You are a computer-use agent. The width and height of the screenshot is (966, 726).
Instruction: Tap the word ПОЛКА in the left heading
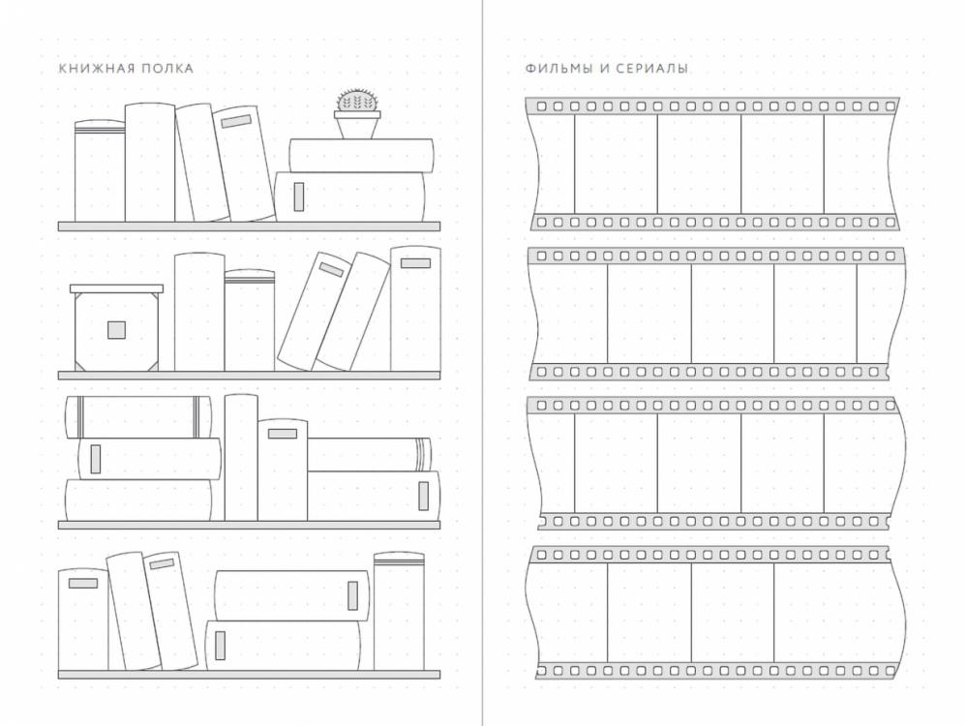tap(168, 69)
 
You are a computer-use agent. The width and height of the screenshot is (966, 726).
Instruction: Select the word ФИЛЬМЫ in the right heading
tap(557, 69)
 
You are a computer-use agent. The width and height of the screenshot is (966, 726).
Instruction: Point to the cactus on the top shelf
tap(357, 100)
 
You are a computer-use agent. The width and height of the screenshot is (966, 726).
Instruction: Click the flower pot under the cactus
tap(357, 125)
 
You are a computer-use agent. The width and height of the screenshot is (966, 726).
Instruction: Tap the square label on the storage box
tap(116, 330)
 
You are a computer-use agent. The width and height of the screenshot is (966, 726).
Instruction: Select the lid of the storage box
tap(116, 288)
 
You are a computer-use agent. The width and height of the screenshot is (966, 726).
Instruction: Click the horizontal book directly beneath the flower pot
tap(361, 156)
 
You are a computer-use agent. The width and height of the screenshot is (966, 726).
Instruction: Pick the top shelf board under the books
tap(250, 227)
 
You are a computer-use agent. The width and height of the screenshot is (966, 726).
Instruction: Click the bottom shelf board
tap(250, 675)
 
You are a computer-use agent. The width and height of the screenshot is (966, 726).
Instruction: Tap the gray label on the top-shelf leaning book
tap(236, 121)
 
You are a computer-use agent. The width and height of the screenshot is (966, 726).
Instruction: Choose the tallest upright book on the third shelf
tap(241, 458)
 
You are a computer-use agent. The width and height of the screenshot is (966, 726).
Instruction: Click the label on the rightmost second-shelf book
tap(415, 263)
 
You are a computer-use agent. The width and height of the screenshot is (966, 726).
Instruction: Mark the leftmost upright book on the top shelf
tap(100, 170)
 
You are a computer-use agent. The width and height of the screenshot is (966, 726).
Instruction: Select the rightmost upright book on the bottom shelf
tap(399, 611)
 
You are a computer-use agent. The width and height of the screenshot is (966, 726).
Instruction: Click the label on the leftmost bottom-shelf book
tap(83, 584)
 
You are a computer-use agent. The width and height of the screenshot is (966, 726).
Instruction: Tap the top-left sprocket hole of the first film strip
tap(541, 106)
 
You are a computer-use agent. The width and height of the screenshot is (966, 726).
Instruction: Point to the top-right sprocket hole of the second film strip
tap(891, 256)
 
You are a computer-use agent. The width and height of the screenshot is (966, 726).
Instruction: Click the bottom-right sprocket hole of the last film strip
tap(891, 671)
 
